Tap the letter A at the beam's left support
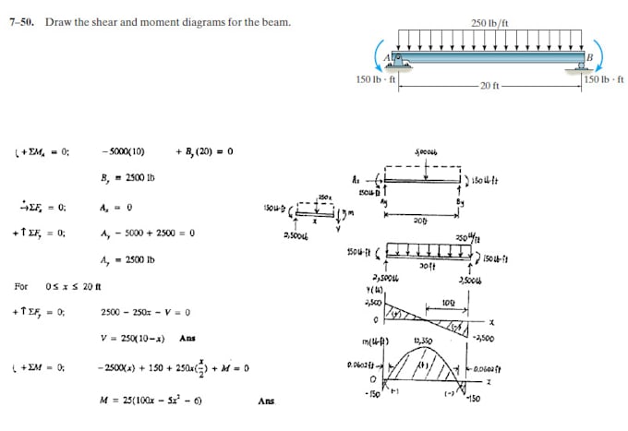tap(389, 57)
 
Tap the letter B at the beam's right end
tap(588, 56)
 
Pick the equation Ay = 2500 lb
tap(127, 259)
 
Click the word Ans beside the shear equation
tap(187, 338)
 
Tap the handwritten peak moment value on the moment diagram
tap(426, 341)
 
